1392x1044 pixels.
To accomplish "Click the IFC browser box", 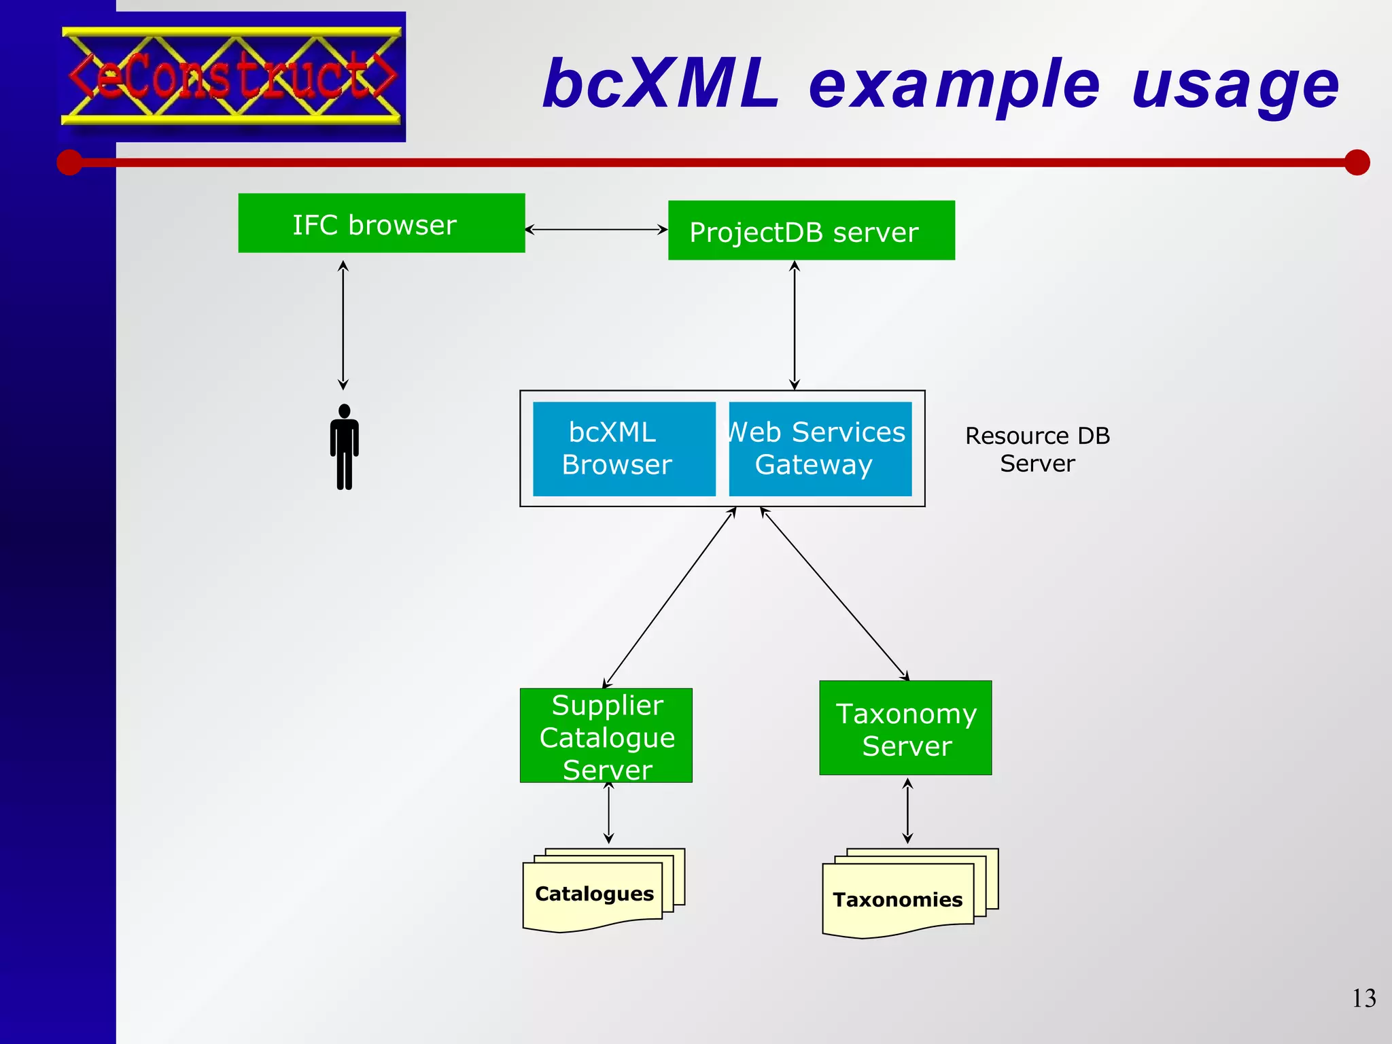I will [381, 223].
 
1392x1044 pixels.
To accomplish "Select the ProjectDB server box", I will [811, 230].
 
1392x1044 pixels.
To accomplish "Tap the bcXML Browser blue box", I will [624, 449].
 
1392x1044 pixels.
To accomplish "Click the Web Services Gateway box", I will [820, 449].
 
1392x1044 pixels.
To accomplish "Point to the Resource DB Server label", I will [1037, 449].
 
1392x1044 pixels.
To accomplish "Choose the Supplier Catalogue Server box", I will [606, 735].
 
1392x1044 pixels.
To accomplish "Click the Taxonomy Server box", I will [905, 728].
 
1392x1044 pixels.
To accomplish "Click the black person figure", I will [345, 447].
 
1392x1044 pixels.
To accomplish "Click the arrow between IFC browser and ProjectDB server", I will [596, 230].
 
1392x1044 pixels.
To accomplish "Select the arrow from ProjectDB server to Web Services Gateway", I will [794, 325].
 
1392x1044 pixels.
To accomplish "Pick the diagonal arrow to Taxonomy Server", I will [834, 593].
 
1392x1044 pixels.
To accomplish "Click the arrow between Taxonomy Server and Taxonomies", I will [907, 811].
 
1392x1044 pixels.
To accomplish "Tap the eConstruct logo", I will [232, 76].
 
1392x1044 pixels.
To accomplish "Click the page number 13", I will [1363, 998].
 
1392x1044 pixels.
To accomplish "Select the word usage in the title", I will [1235, 85].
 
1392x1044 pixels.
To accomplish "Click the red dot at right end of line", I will [1357, 162].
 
